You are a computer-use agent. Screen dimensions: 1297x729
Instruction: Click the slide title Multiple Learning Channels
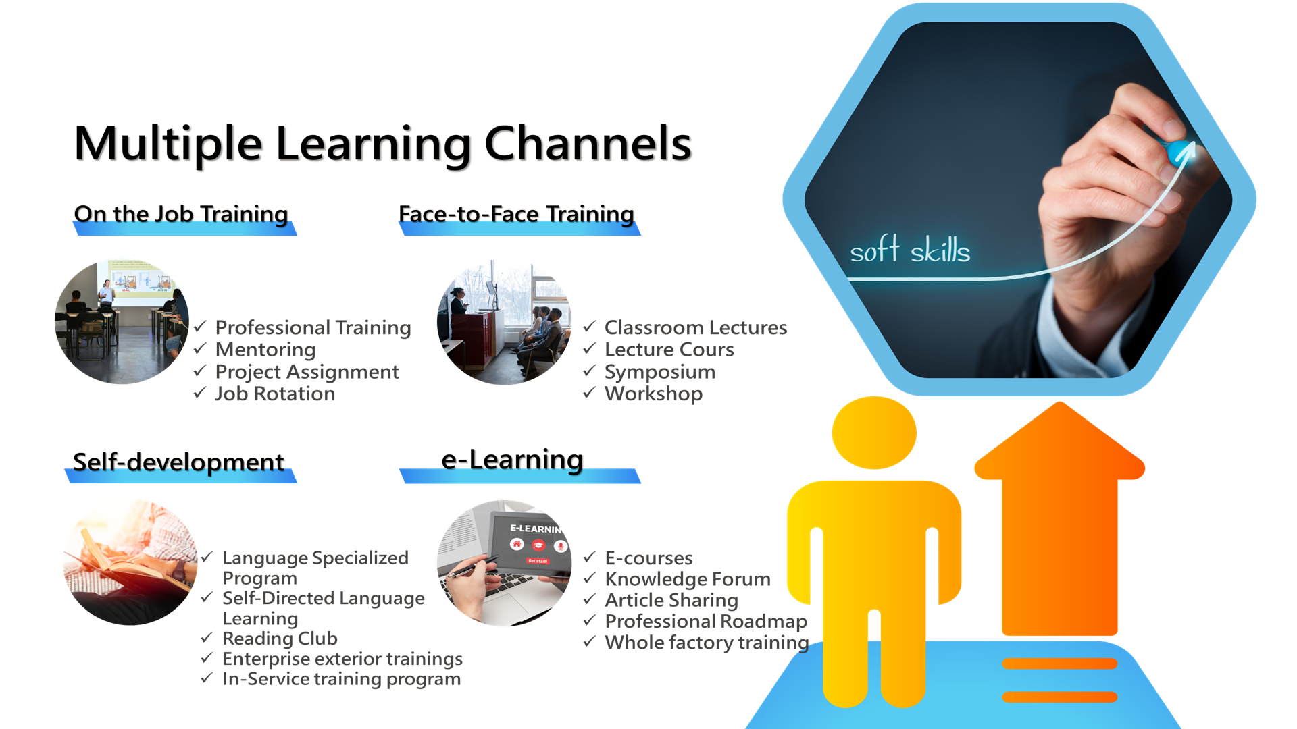tap(383, 144)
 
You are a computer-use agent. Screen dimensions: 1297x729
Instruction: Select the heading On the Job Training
tap(181, 214)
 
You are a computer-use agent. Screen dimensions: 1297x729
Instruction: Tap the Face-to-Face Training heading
tap(516, 214)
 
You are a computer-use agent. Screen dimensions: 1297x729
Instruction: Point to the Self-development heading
tap(178, 462)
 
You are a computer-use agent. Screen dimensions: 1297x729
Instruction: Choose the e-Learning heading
tap(512, 460)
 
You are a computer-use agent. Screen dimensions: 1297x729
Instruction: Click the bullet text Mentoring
tap(265, 350)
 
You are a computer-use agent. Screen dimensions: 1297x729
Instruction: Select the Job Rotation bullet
tap(275, 394)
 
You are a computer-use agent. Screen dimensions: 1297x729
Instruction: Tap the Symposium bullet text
tap(660, 372)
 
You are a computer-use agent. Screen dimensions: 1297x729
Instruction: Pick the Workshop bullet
tap(653, 394)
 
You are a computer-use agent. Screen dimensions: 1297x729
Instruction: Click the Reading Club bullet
tap(280, 639)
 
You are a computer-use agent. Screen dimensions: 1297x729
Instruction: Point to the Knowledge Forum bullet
tap(688, 579)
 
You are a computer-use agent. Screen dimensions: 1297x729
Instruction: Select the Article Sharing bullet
tap(671, 600)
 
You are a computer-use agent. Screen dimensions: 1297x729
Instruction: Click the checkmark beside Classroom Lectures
tap(590, 327)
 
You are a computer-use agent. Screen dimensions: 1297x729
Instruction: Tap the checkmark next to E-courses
tap(590, 557)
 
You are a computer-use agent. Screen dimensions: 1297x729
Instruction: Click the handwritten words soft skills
tap(910, 250)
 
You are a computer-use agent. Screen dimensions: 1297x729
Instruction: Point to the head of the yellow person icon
tap(874, 433)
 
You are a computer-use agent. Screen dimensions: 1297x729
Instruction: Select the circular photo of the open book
tap(130, 562)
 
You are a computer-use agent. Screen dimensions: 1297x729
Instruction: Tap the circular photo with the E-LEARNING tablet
tap(505, 563)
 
